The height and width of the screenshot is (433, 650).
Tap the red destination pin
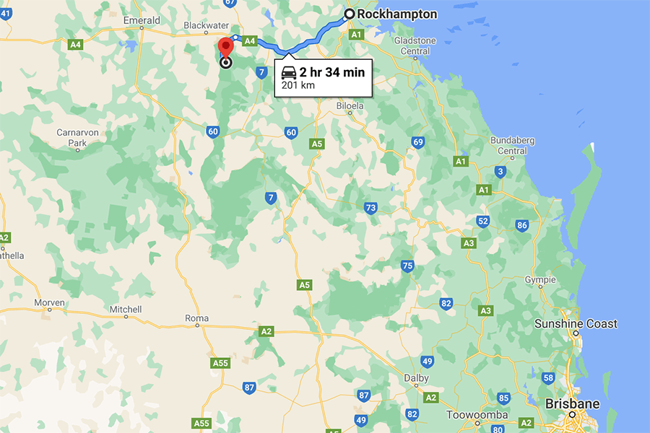(x=225, y=47)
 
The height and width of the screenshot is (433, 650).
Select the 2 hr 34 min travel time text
(x=332, y=71)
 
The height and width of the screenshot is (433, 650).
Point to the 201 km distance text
(x=298, y=85)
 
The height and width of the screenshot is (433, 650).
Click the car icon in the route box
(x=288, y=72)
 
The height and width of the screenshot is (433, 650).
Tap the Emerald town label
(x=142, y=21)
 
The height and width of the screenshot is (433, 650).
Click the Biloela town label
(x=350, y=106)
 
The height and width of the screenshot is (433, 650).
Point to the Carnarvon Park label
(x=71, y=138)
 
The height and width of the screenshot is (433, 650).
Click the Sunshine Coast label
(x=576, y=324)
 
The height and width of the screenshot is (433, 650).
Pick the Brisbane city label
(x=572, y=403)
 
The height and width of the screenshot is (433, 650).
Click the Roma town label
(x=196, y=318)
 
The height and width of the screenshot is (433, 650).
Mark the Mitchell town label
(x=125, y=310)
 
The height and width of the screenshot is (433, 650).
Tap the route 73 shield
(x=370, y=208)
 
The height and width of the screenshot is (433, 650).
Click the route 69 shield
(x=418, y=142)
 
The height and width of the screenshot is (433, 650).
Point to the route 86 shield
(x=521, y=225)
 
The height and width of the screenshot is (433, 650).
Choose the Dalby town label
(x=417, y=378)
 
